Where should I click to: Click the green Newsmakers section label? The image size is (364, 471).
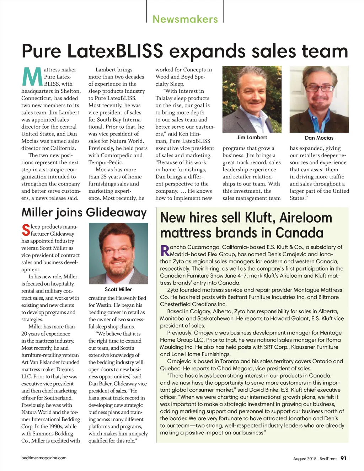(x=185, y=19)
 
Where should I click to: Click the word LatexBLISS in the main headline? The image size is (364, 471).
(x=115, y=51)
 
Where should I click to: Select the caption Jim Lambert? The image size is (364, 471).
(x=252, y=137)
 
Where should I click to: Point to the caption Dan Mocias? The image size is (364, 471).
(x=319, y=138)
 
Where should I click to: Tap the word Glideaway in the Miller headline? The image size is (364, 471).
(x=116, y=212)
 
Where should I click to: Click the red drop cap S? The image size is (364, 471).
(x=26, y=230)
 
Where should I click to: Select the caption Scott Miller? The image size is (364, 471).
(x=118, y=289)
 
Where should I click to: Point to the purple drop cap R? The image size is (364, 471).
(x=165, y=250)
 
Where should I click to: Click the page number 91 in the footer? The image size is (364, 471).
(x=343, y=458)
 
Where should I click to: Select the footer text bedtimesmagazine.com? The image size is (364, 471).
(x=44, y=458)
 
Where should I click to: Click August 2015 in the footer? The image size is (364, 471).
(x=305, y=459)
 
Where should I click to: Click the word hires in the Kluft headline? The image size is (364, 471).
(x=201, y=218)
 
